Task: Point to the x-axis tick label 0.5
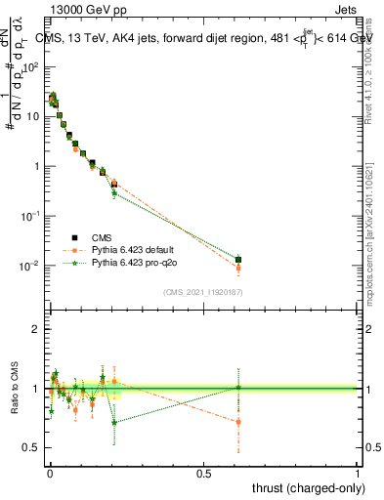pyautogui.click(x=203, y=471)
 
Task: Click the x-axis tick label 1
pyautogui.click(x=358, y=471)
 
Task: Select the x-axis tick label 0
pyautogui.click(x=50, y=471)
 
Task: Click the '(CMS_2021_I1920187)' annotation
pyautogui.click(x=202, y=292)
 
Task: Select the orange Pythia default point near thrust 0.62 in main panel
pyautogui.click(x=239, y=268)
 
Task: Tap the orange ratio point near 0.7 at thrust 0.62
pyautogui.click(x=239, y=422)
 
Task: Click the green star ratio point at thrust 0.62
pyautogui.click(x=239, y=388)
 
